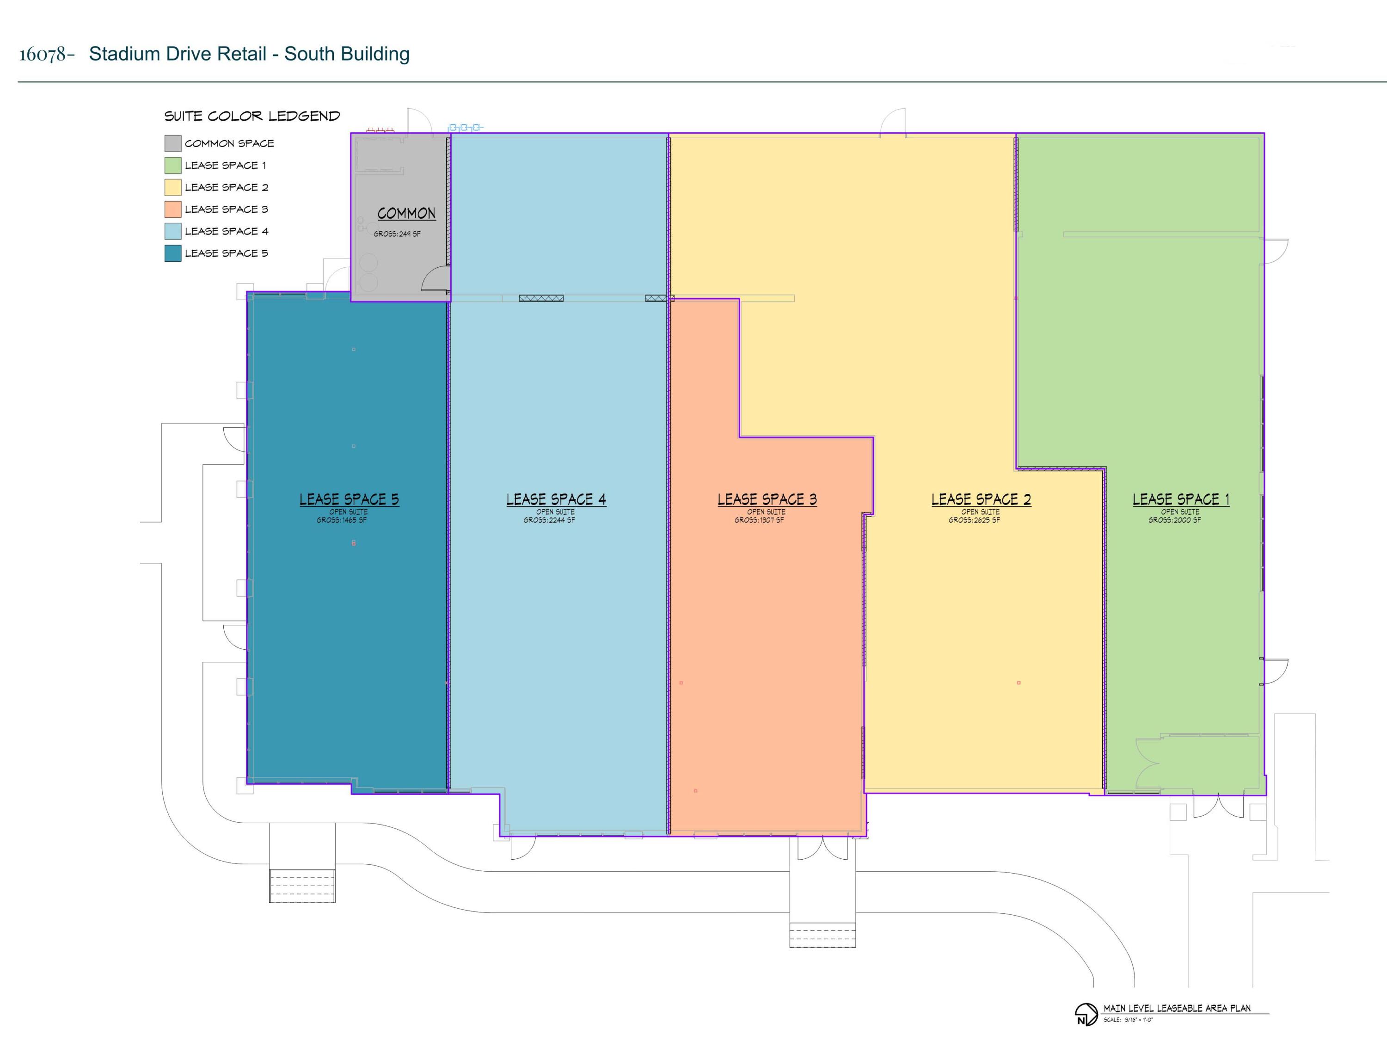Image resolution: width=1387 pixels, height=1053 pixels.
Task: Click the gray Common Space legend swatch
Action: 173,144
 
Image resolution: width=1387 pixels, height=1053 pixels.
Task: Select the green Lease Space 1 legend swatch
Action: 173,166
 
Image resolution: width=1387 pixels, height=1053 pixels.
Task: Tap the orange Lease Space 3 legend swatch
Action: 173,209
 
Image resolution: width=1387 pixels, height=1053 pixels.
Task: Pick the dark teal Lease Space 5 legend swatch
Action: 173,253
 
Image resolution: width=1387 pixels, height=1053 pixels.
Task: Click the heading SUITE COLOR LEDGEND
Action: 252,116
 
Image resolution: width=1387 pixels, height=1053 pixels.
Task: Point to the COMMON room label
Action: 406,213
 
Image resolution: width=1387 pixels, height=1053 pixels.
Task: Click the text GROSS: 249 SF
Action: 397,234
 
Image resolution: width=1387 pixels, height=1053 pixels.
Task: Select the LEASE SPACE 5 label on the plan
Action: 349,499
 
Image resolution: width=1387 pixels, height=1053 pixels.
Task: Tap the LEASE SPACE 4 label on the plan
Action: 556,499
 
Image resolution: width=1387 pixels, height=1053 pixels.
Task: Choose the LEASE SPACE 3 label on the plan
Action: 767,499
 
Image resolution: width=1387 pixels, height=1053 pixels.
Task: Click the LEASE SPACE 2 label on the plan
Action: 982,499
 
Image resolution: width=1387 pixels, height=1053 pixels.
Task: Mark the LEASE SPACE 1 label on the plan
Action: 1181,499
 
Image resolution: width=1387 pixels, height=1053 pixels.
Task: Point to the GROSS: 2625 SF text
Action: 975,520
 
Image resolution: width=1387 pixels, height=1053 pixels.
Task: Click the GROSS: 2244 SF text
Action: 549,520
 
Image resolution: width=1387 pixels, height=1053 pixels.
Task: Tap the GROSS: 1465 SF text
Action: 342,520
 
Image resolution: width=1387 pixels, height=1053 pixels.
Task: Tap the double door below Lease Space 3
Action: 822,848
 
